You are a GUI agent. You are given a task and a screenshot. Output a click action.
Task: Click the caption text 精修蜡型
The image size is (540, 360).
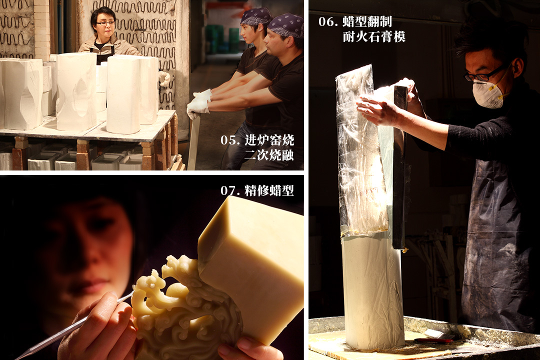tap(269, 190)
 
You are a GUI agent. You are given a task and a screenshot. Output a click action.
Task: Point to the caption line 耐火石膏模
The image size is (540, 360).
tap(374, 36)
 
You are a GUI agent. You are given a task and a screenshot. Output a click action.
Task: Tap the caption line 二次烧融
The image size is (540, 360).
tap(269, 155)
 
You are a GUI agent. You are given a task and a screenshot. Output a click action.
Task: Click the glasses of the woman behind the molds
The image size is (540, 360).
tap(105, 23)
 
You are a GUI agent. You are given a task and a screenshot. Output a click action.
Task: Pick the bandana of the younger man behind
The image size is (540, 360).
tap(256, 15)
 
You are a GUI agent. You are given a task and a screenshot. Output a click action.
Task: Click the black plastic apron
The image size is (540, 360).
tap(496, 241)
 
